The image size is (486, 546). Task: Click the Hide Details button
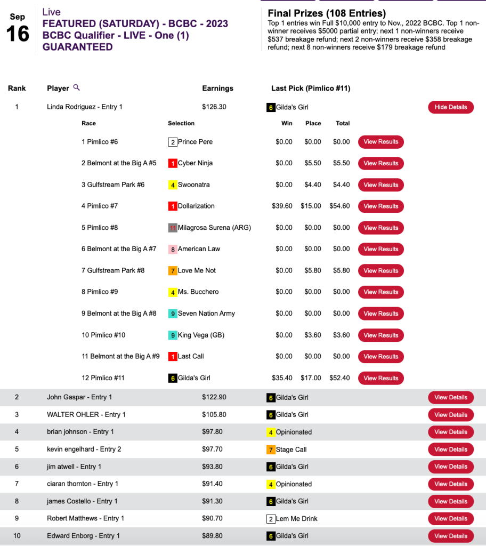450,107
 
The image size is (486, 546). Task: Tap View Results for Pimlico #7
380,206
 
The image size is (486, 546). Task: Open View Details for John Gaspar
450,397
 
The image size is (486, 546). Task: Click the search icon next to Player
77,87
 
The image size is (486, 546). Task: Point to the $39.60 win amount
282,206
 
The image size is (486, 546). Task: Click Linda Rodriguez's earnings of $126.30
214,107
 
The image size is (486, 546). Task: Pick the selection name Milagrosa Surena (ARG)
214,228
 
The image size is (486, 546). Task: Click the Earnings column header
217,89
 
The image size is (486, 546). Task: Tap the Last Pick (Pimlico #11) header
311,89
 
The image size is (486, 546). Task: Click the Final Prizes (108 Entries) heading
327,13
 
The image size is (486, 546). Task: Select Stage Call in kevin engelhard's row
291,449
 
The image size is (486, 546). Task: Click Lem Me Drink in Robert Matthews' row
296,519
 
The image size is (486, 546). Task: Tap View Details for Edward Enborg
450,536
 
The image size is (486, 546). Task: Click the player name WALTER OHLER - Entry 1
86,415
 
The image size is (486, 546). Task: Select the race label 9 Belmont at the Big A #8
119,314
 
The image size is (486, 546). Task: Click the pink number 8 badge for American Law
173,249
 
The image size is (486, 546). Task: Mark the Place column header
313,123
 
